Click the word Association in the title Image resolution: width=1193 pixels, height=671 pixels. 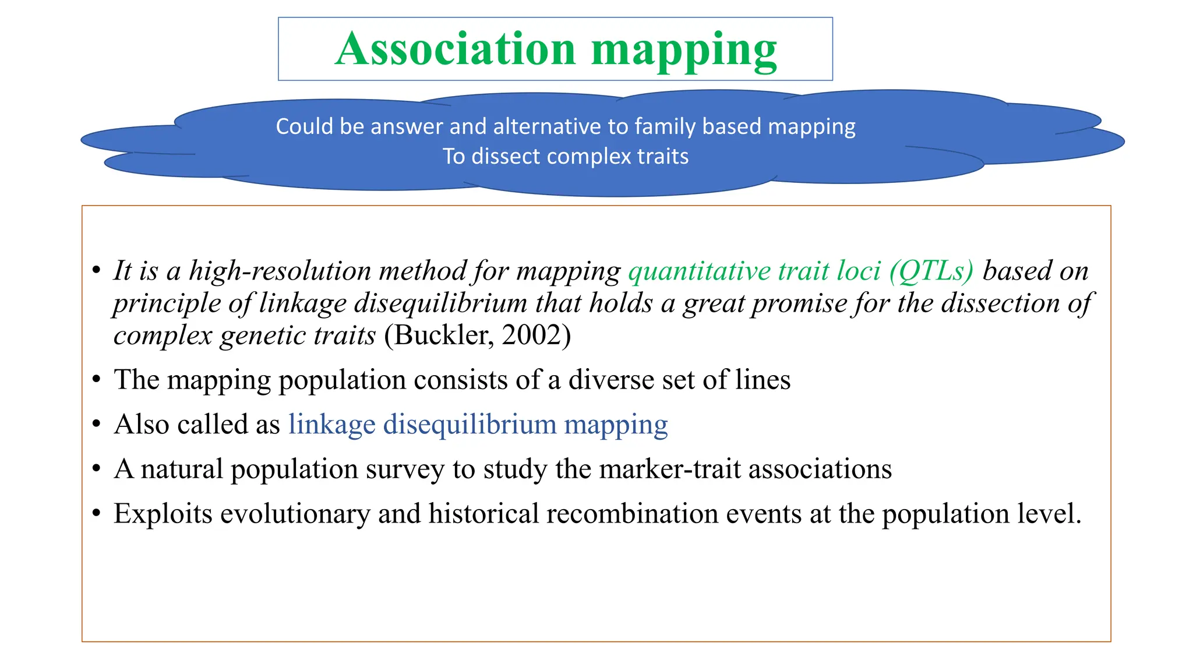point(455,49)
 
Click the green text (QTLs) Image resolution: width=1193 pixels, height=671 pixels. point(931,271)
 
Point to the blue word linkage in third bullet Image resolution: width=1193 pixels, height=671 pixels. point(331,424)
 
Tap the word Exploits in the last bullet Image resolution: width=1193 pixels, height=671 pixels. point(163,514)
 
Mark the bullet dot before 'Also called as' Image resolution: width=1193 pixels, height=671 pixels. point(97,424)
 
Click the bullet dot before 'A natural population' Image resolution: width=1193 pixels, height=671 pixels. point(97,469)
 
